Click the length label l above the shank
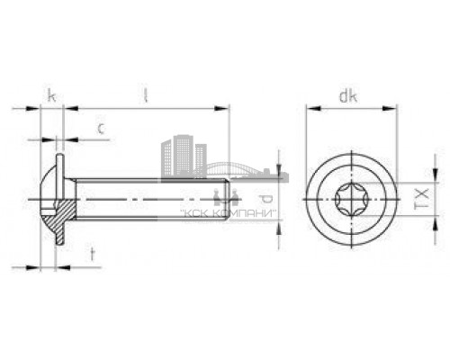tap(145, 94)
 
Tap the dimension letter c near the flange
tap(102, 129)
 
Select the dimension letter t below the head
tap(93, 254)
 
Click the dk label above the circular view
tap(350, 94)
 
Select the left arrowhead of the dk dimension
tap(310, 109)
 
